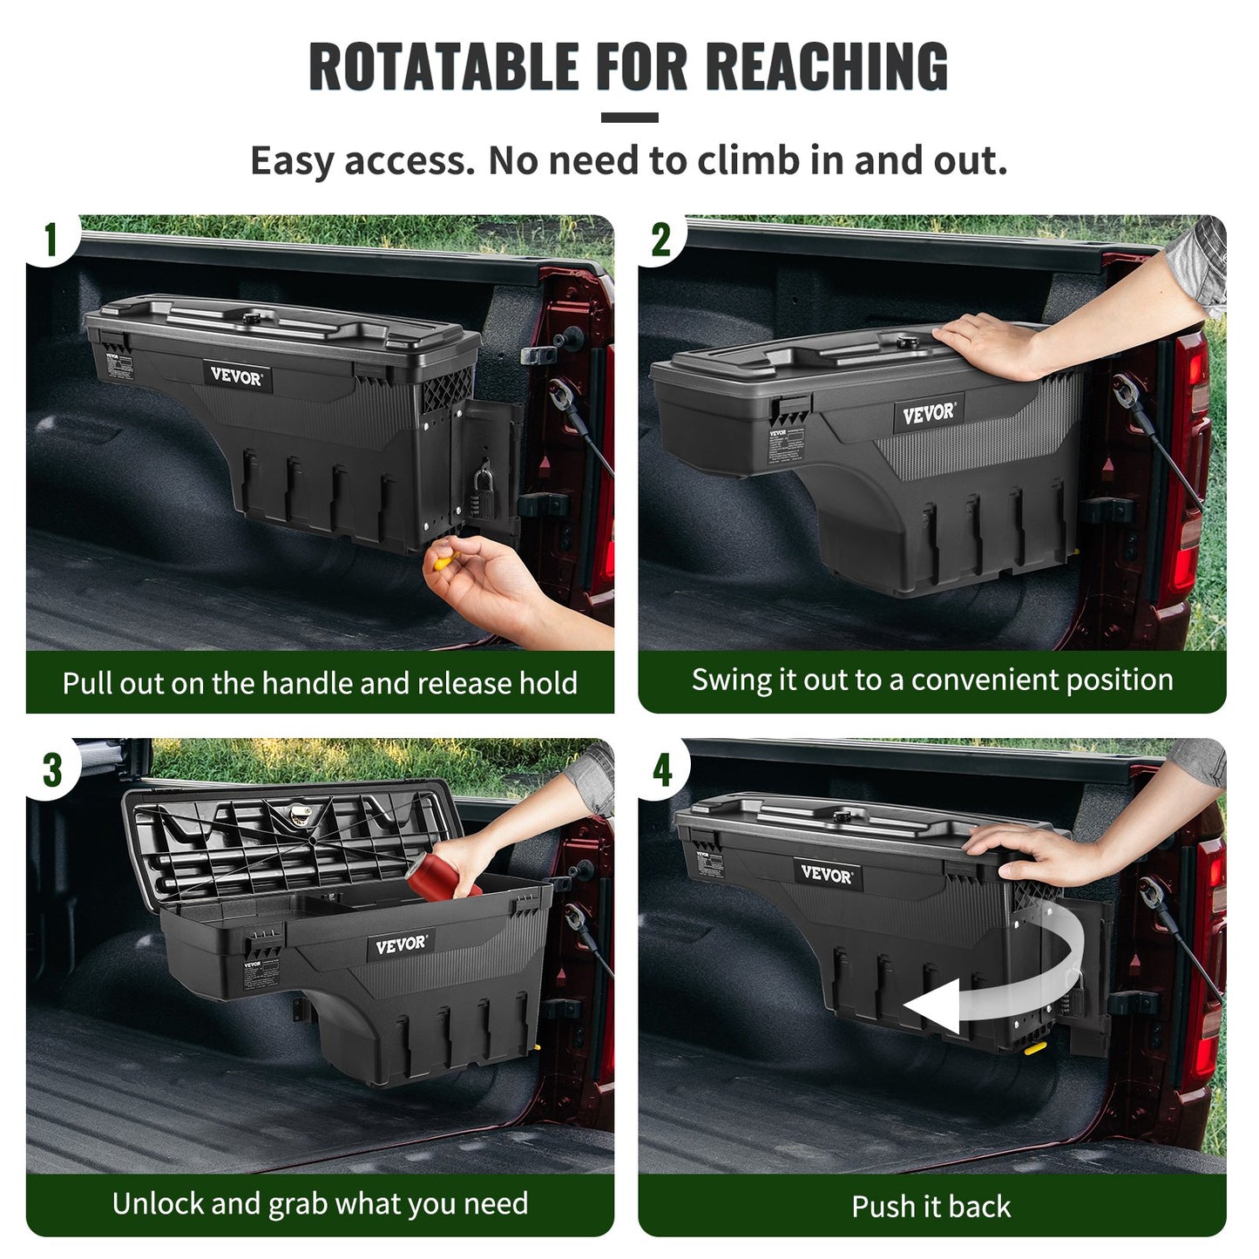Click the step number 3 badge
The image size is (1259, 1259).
[x=52, y=769]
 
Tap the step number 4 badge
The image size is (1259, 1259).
[x=663, y=769]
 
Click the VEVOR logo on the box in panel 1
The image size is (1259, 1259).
[x=235, y=376]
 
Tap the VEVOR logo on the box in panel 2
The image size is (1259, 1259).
[x=929, y=414]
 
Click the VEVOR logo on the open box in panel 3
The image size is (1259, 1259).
[x=401, y=944]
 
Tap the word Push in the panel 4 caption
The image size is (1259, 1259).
[x=880, y=1207]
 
